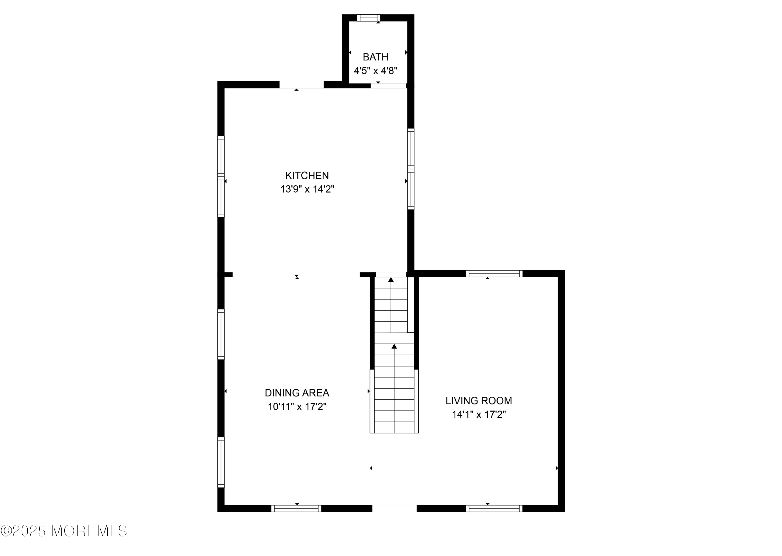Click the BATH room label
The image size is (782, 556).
(x=376, y=57)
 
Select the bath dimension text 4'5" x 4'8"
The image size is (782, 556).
(x=376, y=71)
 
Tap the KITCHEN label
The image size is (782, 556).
(x=307, y=176)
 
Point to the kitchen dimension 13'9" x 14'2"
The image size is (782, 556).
(x=307, y=189)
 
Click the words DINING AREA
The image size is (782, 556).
(x=297, y=393)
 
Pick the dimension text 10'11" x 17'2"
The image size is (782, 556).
(x=297, y=407)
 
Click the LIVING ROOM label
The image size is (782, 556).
(x=479, y=401)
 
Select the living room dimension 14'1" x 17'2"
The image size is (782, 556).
(x=479, y=415)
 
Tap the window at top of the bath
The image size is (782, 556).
(x=369, y=18)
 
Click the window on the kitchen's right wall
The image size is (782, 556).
(x=411, y=169)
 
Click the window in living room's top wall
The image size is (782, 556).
(x=494, y=273)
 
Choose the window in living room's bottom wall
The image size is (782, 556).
(x=494, y=508)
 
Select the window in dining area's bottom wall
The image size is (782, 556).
(x=296, y=508)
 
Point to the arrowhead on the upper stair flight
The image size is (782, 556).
(x=391, y=280)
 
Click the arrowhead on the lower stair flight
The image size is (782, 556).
(x=394, y=346)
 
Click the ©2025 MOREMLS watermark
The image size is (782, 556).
(x=64, y=531)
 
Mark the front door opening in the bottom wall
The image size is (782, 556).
(x=394, y=508)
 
